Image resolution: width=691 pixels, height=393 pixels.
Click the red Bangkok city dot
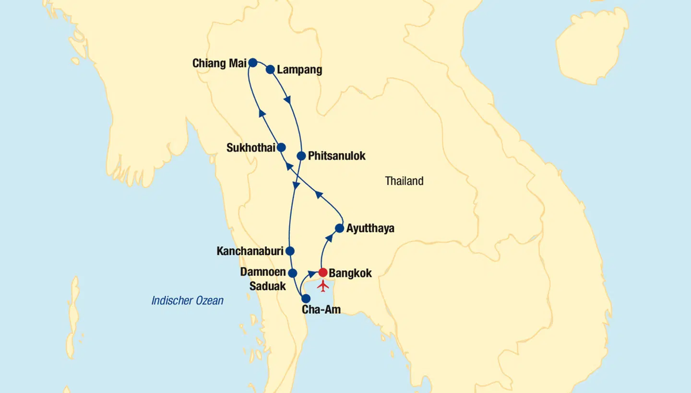point(323,272)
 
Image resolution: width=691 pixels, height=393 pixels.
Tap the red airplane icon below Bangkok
point(323,286)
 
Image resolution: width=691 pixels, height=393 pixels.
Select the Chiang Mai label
point(219,63)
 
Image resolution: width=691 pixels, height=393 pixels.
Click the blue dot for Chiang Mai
point(252,62)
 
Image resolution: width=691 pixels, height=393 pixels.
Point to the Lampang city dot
point(270,69)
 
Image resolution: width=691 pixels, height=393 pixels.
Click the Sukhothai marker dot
point(282,147)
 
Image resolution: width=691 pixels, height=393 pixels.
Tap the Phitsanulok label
point(336,156)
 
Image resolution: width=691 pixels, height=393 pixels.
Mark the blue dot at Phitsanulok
point(301,156)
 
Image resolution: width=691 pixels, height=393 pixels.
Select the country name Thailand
point(404,181)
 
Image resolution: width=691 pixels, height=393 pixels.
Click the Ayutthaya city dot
point(339,228)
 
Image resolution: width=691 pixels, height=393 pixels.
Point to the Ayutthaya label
point(370,228)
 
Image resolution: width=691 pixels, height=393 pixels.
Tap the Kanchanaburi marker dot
point(290,251)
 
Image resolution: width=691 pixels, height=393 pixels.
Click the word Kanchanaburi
point(250,251)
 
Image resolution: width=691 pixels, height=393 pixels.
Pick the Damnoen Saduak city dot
point(292,273)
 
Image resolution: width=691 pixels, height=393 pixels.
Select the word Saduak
point(267,286)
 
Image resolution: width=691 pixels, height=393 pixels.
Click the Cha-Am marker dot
point(306,298)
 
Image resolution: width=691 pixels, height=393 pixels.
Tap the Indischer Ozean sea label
point(187,301)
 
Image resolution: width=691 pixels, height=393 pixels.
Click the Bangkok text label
point(351,273)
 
